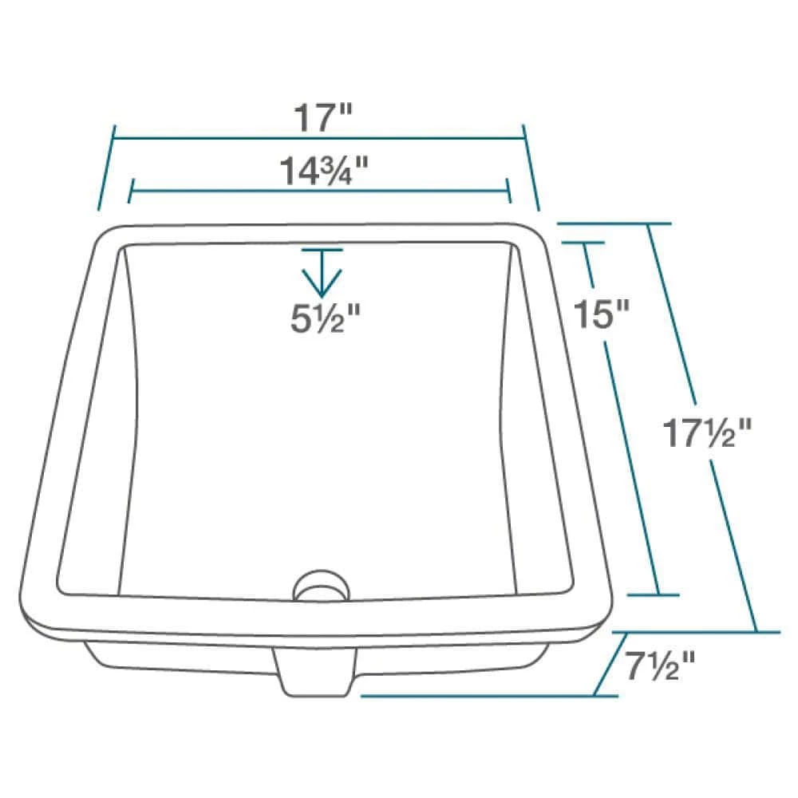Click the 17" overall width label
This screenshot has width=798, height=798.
[322, 119]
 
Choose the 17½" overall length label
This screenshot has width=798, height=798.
[707, 435]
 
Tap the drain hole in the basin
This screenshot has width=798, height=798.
[321, 587]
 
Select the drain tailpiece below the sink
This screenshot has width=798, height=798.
[316, 672]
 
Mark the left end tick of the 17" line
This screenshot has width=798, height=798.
[107, 168]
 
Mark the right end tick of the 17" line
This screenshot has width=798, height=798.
[531, 168]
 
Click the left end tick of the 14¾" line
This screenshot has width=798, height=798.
[130, 191]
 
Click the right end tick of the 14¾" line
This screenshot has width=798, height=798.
[508, 191]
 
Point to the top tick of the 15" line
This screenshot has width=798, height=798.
[583, 242]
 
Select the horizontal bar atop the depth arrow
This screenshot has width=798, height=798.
[322, 250]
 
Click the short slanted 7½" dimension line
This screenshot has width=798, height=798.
[610, 664]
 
